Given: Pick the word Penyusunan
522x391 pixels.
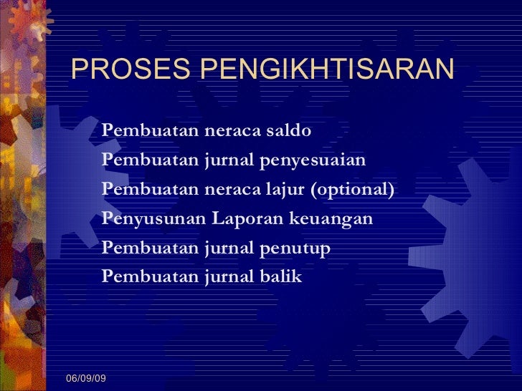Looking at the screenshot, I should (154, 218).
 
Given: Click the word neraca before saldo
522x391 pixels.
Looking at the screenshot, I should (232, 131).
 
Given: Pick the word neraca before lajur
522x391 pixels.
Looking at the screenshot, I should (232, 189).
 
